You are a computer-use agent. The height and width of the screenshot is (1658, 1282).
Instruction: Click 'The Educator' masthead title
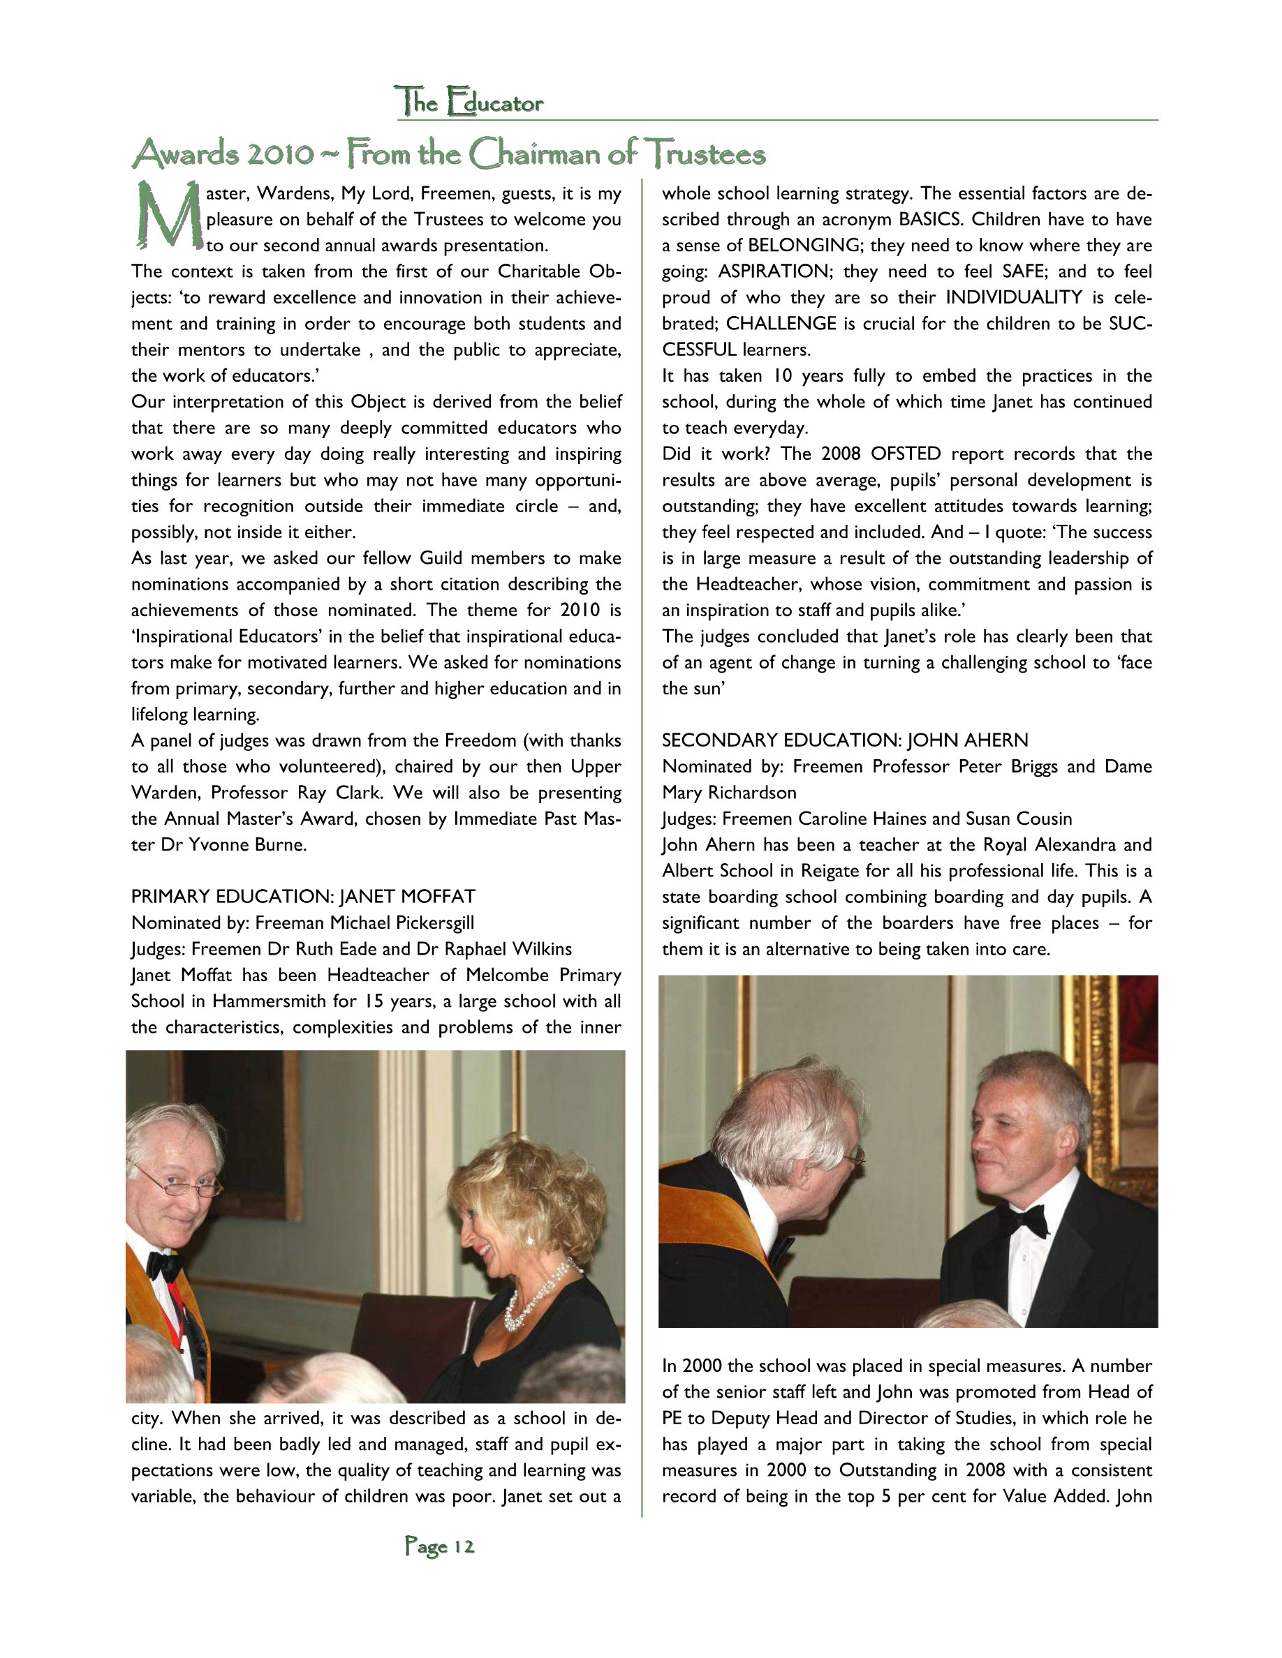[x=469, y=102]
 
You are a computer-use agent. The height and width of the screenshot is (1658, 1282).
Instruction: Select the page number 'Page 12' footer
[x=439, y=1546]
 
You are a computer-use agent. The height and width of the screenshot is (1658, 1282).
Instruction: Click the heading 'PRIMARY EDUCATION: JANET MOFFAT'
[x=303, y=897]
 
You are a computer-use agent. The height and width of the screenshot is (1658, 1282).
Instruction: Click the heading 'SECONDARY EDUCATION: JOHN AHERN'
[x=844, y=740]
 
